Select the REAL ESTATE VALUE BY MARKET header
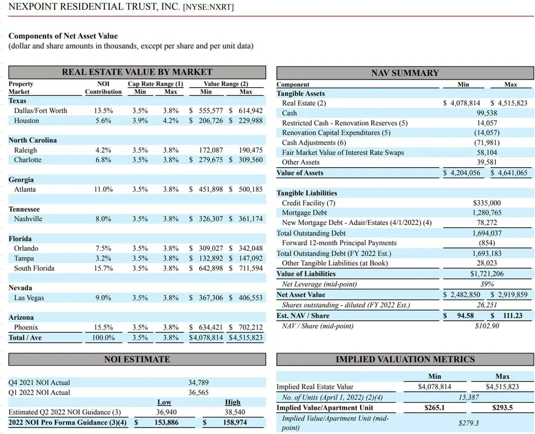point(137,72)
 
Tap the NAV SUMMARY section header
point(404,73)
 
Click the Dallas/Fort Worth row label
point(41,110)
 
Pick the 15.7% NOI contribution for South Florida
point(103,268)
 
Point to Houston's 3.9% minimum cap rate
point(140,121)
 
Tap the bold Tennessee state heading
point(24,209)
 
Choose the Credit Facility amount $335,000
point(487,203)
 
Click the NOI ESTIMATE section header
point(137,360)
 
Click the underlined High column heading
point(233,402)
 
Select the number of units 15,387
point(469,397)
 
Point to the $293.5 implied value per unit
point(502,408)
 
